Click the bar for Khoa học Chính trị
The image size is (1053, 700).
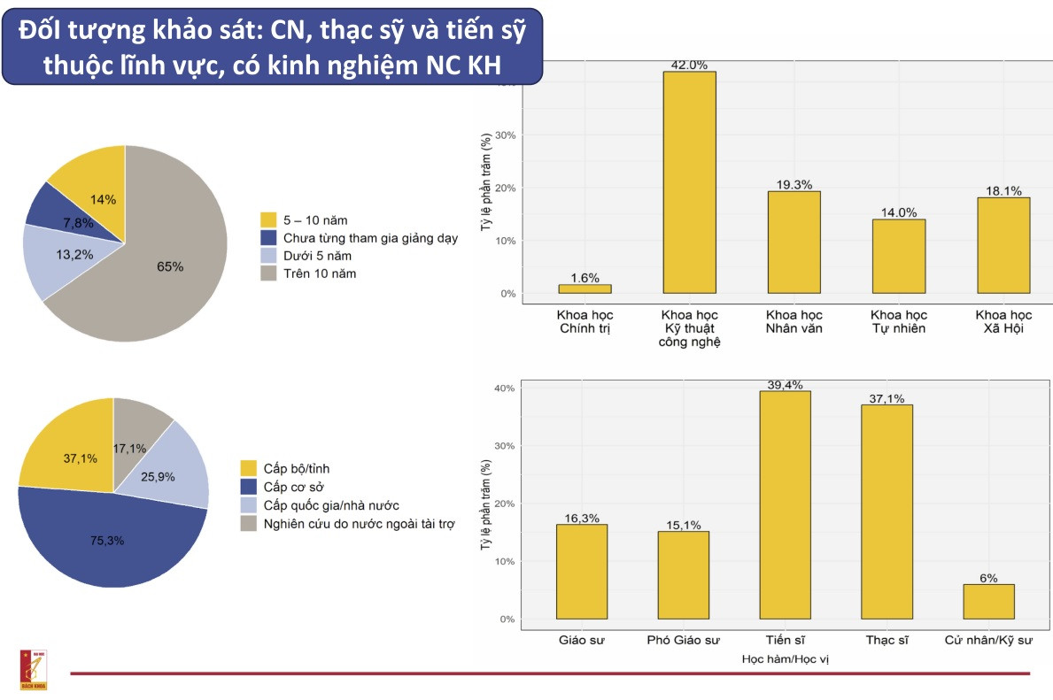(x=585, y=288)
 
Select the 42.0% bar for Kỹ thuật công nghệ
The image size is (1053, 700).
(x=689, y=182)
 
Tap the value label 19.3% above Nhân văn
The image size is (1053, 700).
(x=794, y=185)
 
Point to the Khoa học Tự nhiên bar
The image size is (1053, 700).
(x=899, y=257)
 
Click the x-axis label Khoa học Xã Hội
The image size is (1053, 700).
(x=1003, y=321)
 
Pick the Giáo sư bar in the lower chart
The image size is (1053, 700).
(x=582, y=572)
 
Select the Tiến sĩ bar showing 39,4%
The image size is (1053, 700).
(x=785, y=504)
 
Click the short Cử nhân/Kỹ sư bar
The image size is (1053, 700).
(x=988, y=602)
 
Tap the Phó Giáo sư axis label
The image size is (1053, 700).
(x=684, y=640)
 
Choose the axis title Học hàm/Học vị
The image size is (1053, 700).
(x=785, y=659)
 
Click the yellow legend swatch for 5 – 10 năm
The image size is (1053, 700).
(x=269, y=219)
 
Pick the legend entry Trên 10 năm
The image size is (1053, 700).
(x=320, y=273)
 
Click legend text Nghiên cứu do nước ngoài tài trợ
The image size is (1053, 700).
(x=358, y=524)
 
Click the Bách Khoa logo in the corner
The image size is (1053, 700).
(x=33, y=669)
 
